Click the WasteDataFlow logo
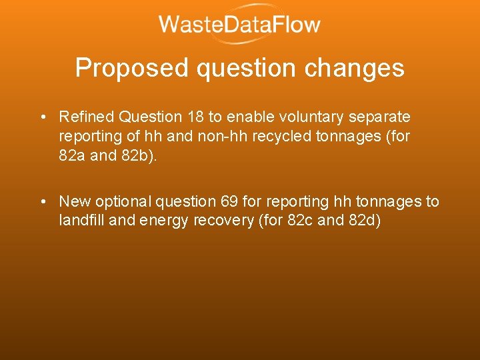coord(239,25)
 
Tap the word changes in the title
coord(361,68)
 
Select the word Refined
coord(87,117)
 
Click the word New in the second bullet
coord(74,201)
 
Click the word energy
coord(165,221)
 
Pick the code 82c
coord(299,221)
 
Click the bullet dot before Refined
coord(42,118)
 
